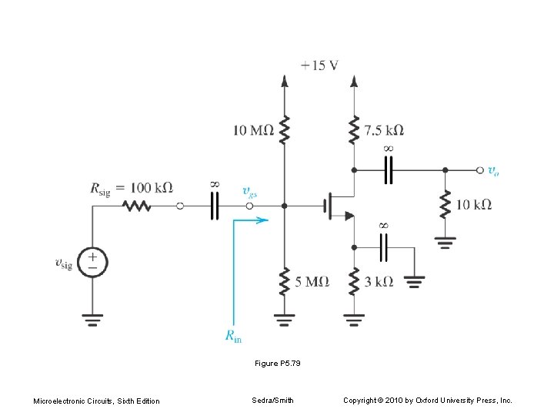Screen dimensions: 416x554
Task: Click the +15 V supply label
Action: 319,65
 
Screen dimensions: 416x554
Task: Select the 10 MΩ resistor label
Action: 253,130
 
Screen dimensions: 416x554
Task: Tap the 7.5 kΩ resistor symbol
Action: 354,129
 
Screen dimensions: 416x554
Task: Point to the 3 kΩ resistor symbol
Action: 354,281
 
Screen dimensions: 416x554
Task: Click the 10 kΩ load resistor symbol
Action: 444,204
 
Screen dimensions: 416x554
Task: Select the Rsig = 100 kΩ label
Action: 131,187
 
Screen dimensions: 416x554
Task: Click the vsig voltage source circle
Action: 92,263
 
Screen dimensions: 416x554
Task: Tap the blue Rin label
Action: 234,334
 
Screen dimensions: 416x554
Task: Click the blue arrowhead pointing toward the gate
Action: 263,220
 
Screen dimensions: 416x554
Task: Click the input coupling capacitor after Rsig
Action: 214,206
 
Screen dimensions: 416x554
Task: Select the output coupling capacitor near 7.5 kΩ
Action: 389,169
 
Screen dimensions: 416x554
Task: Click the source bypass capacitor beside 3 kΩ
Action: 384,247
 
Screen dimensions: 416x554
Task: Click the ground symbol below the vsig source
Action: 92,317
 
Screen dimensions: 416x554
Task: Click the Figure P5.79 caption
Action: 277,363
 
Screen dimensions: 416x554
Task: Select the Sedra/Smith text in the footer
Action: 272,400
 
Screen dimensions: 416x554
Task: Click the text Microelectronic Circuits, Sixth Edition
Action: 96,401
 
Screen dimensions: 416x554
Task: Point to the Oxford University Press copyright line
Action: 427,400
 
